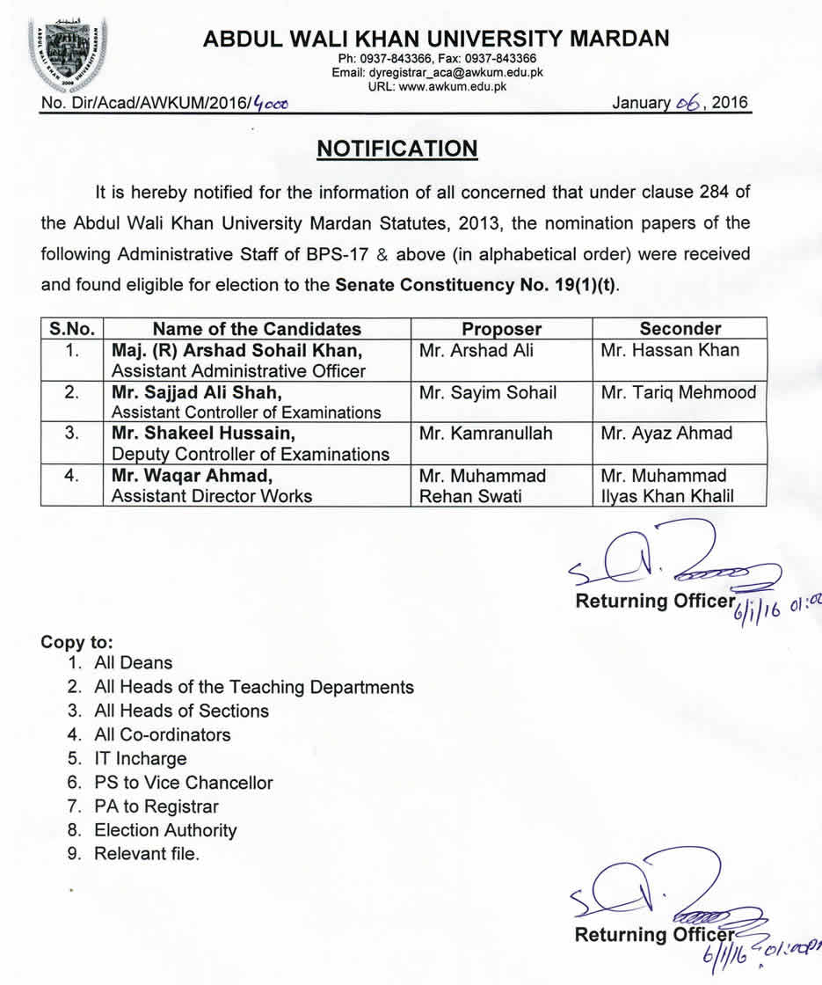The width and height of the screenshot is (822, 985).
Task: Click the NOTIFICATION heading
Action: click(397, 149)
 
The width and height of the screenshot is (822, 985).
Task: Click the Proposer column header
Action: click(502, 329)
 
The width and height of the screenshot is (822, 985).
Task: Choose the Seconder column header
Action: click(680, 329)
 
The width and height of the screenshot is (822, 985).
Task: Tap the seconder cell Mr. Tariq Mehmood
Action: click(679, 392)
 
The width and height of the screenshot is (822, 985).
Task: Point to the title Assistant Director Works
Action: click(211, 496)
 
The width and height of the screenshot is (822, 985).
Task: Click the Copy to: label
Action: click(77, 641)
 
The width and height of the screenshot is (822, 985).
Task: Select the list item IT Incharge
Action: click(141, 758)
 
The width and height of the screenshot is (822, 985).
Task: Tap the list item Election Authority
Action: click(165, 829)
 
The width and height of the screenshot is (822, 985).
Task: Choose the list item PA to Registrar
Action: click(156, 806)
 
